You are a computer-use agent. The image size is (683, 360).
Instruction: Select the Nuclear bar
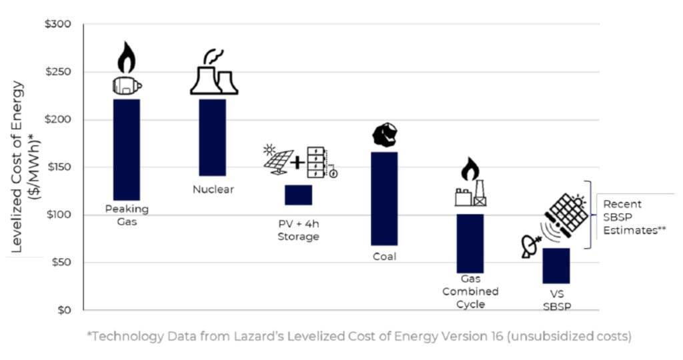click(x=213, y=137)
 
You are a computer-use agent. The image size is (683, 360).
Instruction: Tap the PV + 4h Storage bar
click(x=298, y=195)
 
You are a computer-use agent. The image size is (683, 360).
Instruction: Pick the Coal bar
click(x=384, y=199)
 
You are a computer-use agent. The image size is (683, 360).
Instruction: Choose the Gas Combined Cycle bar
click(x=470, y=243)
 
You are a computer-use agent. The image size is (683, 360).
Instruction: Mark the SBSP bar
click(x=556, y=265)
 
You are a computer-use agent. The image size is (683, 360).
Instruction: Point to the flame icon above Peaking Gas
click(x=126, y=57)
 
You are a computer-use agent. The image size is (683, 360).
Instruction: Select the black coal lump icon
click(x=384, y=135)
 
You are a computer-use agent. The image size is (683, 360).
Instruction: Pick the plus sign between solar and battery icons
click(x=299, y=161)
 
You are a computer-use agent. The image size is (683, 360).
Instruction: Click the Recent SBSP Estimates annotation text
click(x=631, y=217)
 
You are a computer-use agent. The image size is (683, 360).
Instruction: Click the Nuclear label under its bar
click(x=213, y=189)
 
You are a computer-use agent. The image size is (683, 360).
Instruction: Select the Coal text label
click(x=384, y=257)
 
